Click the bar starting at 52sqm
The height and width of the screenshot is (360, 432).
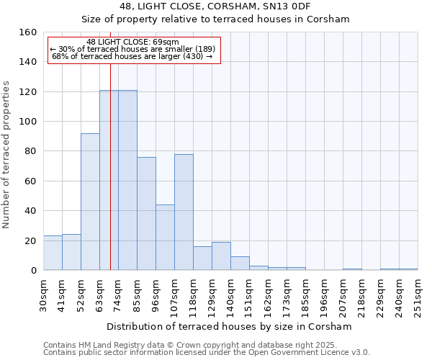(x=90, y=202)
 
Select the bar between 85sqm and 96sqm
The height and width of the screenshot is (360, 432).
(x=146, y=214)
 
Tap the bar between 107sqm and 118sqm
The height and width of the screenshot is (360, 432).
(x=184, y=212)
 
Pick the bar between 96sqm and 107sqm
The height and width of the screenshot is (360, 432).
(x=165, y=238)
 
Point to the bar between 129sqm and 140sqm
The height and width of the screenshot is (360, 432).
(x=221, y=256)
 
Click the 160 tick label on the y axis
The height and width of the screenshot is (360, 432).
(x=27, y=32)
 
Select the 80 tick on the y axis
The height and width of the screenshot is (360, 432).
(x=30, y=151)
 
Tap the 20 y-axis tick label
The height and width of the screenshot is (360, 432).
(x=30, y=240)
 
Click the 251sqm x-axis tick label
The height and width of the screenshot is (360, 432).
(x=418, y=293)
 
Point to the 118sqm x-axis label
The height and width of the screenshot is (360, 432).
(x=193, y=293)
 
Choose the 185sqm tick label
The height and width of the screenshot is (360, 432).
(x=305, y=293)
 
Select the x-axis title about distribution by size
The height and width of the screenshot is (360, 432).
(x=229, y=326)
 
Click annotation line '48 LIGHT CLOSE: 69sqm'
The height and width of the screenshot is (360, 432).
(x=132, y=42)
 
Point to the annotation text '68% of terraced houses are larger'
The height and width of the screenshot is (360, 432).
(x=132, y=56)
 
